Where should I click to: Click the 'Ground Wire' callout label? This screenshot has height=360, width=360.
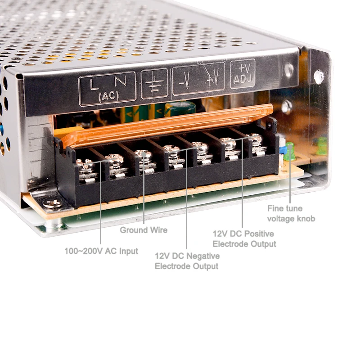point(143,230)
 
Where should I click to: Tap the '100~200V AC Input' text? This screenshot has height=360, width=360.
point(101,251)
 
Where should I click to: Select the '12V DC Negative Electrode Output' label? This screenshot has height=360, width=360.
point(187,261)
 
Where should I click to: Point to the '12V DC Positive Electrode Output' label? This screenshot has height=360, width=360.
point(244,239)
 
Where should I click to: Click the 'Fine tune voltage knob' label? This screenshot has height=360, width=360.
point(291,213)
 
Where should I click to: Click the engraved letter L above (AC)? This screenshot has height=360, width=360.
point(94,83)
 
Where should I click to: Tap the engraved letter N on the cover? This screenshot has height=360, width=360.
point(120,81)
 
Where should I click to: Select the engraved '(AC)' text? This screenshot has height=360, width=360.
point(108,96)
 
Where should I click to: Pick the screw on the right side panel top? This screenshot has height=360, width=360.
point(319,76)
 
